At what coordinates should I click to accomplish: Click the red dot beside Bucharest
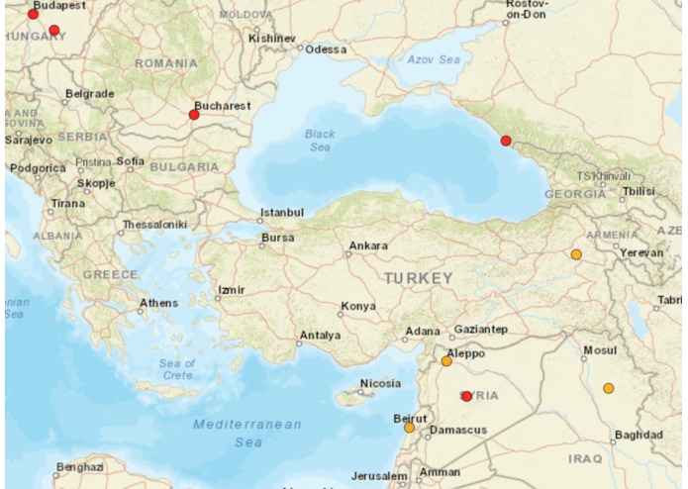(x=194, y=115)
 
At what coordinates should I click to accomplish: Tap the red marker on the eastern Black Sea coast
(x=506, y=141)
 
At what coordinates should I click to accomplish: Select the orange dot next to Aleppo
(x=446, y=361)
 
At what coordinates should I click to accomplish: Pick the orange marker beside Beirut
(x=409, y=428)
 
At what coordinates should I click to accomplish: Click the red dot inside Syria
(x=466, y=396)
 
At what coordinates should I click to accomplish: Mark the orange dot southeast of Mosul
(x=608, y=388)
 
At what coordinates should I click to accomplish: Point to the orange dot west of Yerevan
(x=576, y=254)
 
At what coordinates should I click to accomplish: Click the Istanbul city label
(x=282, y=213)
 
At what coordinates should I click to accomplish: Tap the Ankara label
(x=368, y=245)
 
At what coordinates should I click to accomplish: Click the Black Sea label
(x=319, y=140)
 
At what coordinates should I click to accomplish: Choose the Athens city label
(x=158, y=303)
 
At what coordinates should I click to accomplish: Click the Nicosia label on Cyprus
(x=380, y=383)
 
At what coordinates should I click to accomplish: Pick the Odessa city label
(x=327, y=49)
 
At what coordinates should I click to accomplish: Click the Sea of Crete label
(x=177, y=369)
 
